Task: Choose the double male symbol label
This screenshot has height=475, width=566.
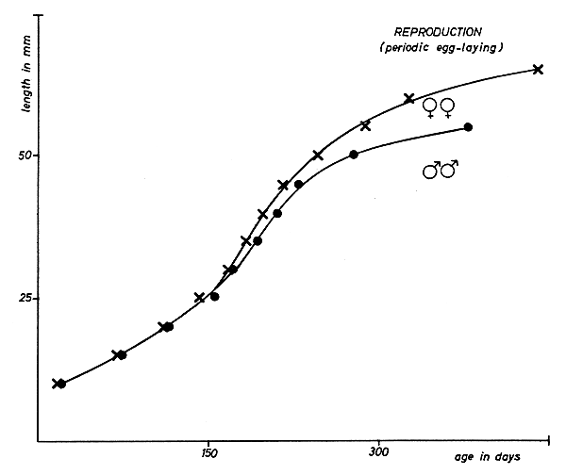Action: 440,169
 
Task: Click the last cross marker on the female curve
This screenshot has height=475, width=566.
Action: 538,69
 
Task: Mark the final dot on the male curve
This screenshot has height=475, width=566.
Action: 468,126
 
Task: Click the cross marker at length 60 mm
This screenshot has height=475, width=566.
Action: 409,98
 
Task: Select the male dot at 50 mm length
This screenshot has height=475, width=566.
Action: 354,155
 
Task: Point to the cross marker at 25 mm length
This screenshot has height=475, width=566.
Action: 199,298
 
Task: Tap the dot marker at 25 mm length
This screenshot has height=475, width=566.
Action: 214,297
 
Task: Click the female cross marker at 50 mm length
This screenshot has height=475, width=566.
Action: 317,155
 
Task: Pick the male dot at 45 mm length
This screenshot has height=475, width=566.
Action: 298,184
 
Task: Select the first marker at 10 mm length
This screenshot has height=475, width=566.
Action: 58,384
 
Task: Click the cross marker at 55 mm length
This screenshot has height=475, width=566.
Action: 365,125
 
